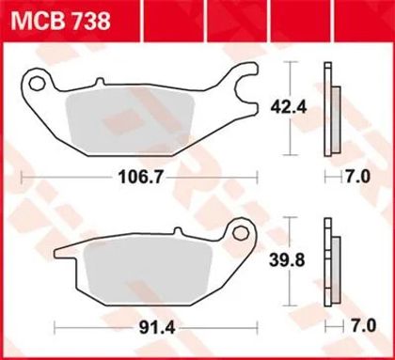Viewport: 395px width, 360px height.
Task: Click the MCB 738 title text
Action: pyautogui.click(x=61, y=21)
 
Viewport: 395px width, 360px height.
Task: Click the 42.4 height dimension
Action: pyautogui.click(x=289, y=108)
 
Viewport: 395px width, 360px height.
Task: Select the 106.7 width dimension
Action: pyautogui.click(x=141, y=178)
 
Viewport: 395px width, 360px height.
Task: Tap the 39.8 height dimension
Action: pyautogui.click(x=287, y=260)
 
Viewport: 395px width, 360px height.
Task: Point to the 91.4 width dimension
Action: pyautogui.click(x=157, y=328)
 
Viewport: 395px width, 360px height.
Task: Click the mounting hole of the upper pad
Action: pyautogui.click(x=37, y=84)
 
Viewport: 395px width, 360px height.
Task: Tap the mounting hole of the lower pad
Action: pyautogui.click(x=241, y=232)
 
